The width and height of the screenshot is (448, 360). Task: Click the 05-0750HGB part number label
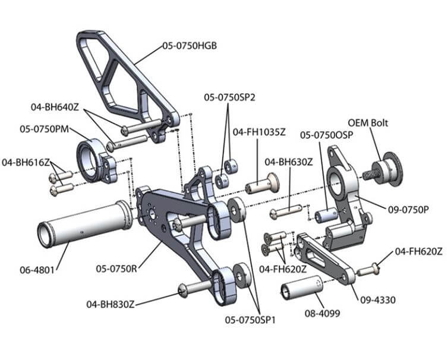[x=189, y=45]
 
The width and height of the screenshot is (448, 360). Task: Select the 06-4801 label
[x=37, y=269]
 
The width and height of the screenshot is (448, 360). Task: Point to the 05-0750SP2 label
[x=229, y=96]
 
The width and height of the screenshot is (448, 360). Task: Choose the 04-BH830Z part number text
[x=110, y=304]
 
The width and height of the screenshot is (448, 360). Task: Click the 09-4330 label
[x=377, y=299]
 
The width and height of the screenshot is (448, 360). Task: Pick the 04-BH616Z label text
[x=26, y=162]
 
